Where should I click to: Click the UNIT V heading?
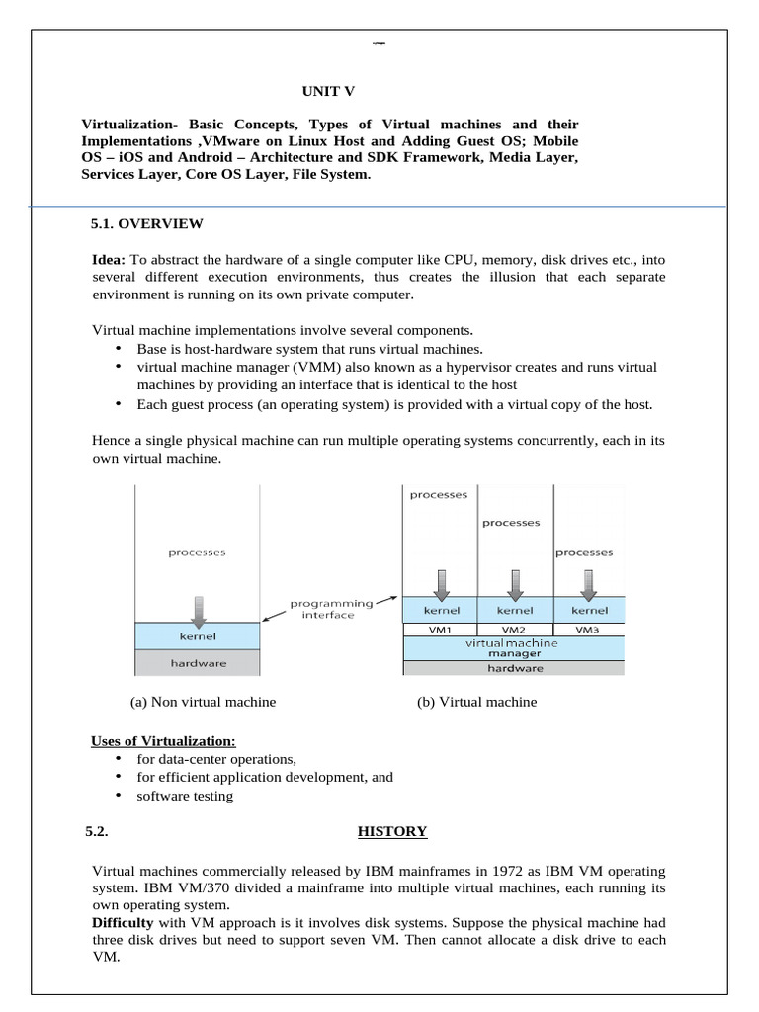(x=328, y=92)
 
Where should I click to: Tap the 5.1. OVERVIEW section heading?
(x=146, y=223)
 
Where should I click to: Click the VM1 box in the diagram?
(x=440, y=629)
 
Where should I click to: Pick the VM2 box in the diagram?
(x=514, y=629)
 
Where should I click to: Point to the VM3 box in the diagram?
(x=589, y=629)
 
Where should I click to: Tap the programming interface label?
(x=331, y=608)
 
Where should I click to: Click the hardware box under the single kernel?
(x=199, y=663)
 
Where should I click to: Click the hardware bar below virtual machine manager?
(x=514, y=668)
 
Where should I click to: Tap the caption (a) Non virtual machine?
(x=203, y=702)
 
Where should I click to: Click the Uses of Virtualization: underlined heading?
(x=163, y=741)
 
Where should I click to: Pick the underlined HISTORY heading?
(x=391, y=831)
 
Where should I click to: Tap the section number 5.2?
(x=96, y=831)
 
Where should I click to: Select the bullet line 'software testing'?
(x=185, y=796)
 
